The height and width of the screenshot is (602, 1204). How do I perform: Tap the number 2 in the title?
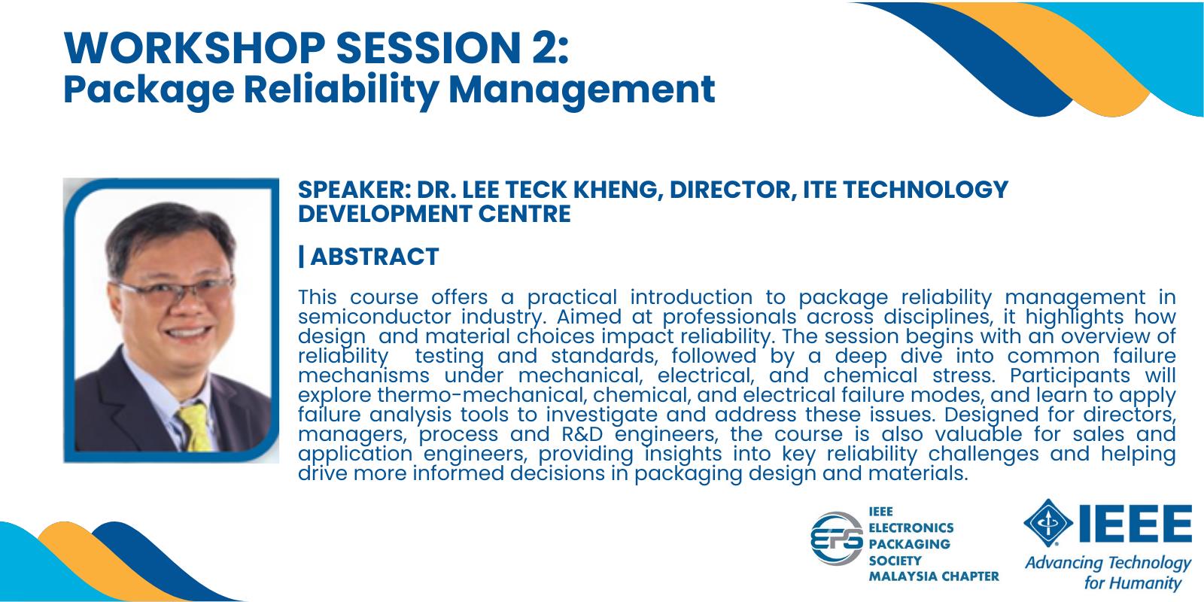(536, 48)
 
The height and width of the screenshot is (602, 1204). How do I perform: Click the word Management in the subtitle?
(582, 90)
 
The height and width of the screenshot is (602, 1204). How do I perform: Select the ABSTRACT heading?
(375, 257)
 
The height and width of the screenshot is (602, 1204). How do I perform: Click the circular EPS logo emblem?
(837, 539)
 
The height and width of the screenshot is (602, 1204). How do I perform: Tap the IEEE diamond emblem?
(1048, 523)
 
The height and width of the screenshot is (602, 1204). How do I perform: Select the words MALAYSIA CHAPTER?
(934, 576)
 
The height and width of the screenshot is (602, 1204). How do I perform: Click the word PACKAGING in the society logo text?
(910, 544)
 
